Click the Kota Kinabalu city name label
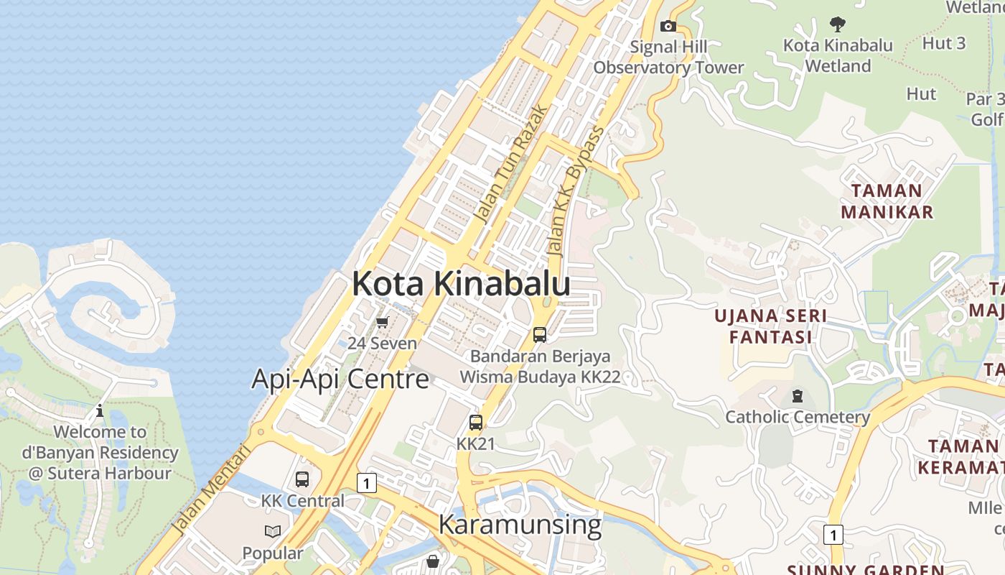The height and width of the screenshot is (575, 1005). click(x=461, y=284)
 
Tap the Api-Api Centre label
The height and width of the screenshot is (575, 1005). click(x=340, y=379)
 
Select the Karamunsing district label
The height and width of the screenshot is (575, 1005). click(x=520, y=525)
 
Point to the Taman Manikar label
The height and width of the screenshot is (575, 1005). click(x=887, y=201)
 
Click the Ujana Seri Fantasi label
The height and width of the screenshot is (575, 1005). click(x=771, y=326)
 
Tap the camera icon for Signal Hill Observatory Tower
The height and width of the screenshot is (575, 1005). click(x=668, y=26)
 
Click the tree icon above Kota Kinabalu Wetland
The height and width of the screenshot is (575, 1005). click(x=837, y=24)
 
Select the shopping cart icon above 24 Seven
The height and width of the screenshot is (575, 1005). click(x=382, y=322)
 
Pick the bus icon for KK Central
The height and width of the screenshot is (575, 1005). click(x=302, y=479)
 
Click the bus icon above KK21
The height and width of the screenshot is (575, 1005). click(x=476, y=422)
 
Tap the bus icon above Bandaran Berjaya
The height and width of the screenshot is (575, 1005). click(x=539, y=334)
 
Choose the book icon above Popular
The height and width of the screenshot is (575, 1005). click(x=273, y=531)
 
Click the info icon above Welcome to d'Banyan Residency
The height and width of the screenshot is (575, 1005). click(x=100, y=410)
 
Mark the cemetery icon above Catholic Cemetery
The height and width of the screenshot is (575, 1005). click(x=797, y=395)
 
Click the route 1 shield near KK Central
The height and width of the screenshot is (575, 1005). click(x=366, y=483)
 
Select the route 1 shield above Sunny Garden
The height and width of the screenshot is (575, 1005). click(x=833, y=535)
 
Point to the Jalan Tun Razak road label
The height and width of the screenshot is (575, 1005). click(x=511, y=165)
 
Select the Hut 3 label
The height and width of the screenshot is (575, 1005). click(x=943, y=43)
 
